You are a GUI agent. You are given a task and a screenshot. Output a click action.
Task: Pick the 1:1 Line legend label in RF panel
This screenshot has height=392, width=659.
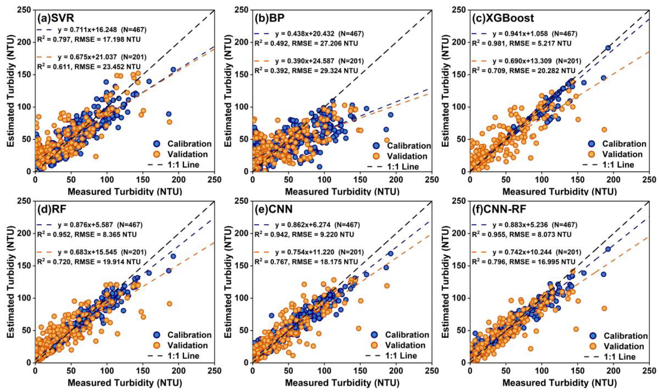point(184,356)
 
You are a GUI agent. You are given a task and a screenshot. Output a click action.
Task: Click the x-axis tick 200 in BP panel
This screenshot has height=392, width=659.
point(396,180)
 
